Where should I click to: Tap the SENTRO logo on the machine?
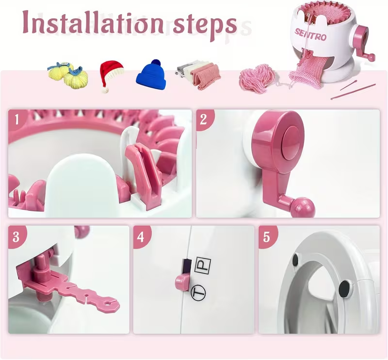(310, 35)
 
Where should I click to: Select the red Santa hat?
(111, 76)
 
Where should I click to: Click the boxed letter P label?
(203, 266)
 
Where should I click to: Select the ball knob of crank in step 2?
(302, 207)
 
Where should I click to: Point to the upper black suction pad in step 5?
(295, 259)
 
